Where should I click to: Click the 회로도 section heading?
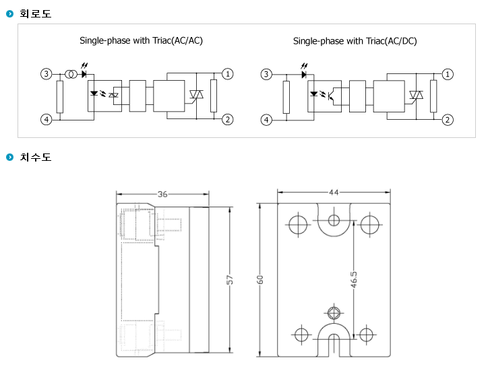coord(35,13)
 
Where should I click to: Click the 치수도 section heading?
coord(35,157)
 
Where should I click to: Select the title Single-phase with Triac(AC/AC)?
coord(141,40)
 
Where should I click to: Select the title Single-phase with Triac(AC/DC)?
coord(355,41)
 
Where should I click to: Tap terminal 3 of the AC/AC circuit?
coord(47,74)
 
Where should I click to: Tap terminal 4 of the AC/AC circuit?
coord(47,120)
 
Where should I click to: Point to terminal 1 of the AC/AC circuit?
coord(228,74)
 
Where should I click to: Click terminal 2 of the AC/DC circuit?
coord(448,120)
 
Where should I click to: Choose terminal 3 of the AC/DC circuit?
coord(266,74)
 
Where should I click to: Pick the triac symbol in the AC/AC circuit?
coord(196,94)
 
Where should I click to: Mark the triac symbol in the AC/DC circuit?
coord(416,95)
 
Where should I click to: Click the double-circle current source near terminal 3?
coord(71,74)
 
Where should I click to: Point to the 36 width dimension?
coord(162,194)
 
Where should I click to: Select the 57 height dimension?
coord(230,279)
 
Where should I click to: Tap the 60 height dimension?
coord(260,279)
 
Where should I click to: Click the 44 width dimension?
coord(334,192)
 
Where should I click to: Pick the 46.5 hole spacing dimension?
coord(354,279)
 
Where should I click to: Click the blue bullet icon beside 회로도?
coord(10,13)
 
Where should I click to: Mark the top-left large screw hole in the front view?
coord(298,224)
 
